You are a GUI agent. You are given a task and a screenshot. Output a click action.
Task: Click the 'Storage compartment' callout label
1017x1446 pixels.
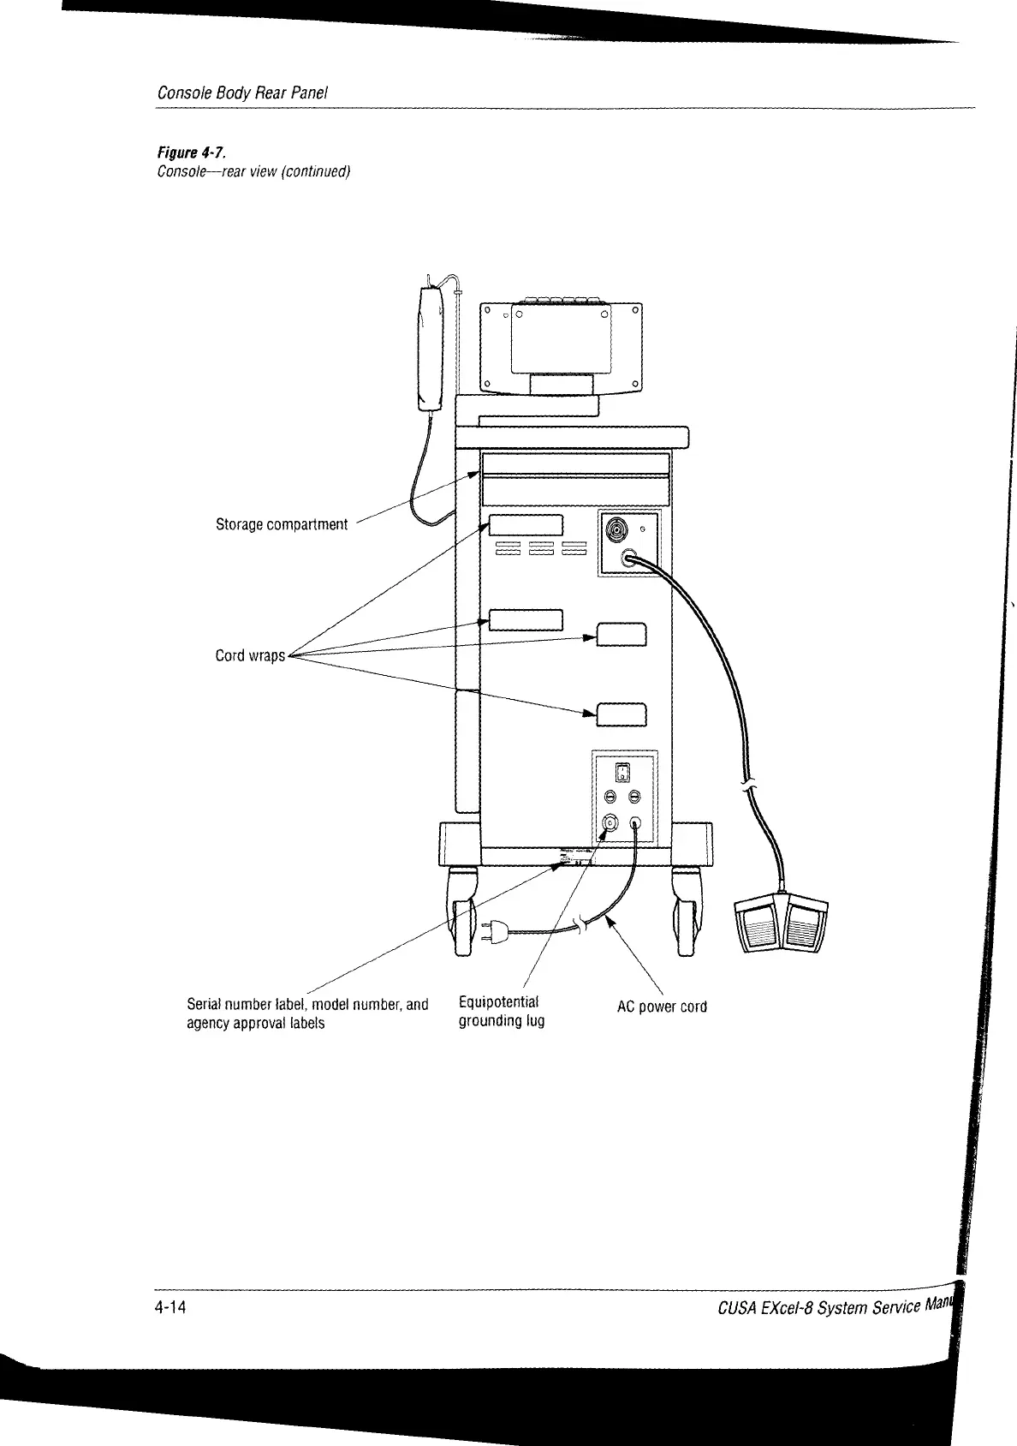282,524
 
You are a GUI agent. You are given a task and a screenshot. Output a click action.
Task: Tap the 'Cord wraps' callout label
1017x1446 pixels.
249,656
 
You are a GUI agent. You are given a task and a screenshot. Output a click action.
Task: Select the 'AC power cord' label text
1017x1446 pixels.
662,1007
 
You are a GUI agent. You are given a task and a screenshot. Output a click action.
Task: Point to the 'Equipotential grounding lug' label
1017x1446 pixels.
501,1012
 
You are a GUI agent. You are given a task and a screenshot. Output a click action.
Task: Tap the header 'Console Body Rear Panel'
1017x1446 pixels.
243,93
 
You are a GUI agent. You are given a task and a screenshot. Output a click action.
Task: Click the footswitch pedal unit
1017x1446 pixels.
782,924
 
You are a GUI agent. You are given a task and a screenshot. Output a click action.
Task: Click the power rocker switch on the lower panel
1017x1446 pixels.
624,772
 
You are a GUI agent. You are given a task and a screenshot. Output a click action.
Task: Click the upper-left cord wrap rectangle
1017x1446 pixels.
526,524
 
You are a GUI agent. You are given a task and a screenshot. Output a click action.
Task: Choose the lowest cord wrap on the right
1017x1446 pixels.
621,714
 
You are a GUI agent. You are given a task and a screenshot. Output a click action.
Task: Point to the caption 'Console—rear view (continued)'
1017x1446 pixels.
254,171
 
